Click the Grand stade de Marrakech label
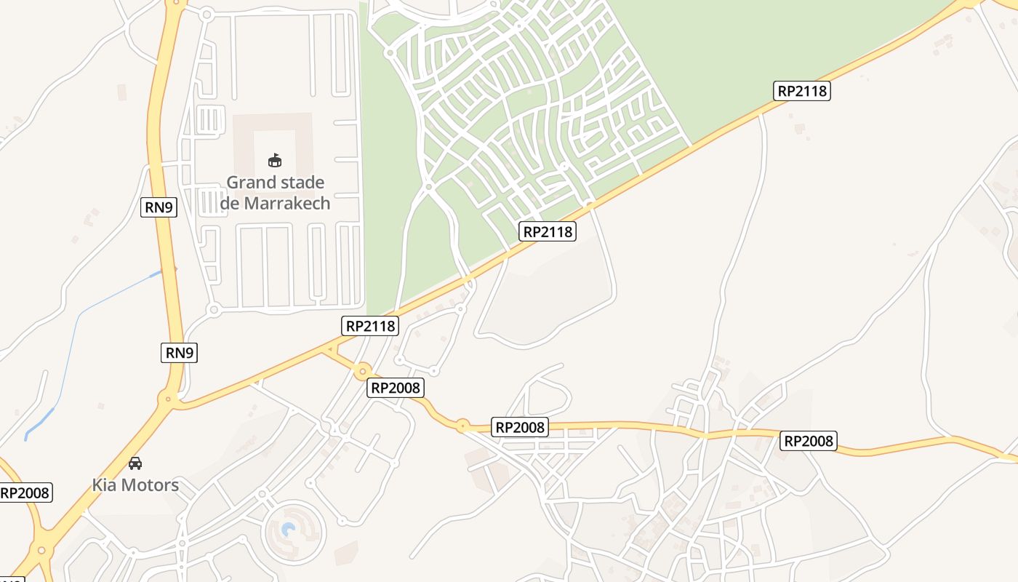(x=275, y=192)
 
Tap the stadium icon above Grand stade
(x=275, y=160)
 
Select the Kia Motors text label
(x=135, y=485)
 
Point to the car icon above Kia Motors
(x=135, y=463)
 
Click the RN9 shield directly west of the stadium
(x=159, y=207)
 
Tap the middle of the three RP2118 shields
(x=548, y=231)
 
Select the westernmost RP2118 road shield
(x=371, y=326)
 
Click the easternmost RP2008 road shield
(x=809, y=440)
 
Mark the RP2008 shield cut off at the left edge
(x=25, y=493)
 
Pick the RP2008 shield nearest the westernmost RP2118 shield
(x=396, y=388)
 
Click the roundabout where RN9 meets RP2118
(x=169, y=398)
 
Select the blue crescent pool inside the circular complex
(x=289, y=529)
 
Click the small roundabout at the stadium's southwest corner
(x=213, y=309)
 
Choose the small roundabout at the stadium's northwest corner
(x=206, y=13)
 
